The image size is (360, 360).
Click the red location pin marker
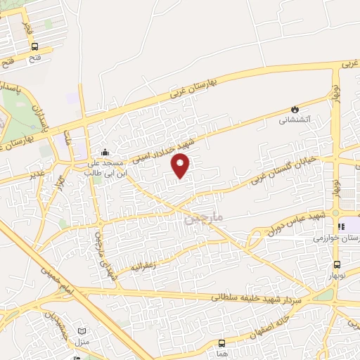(x=181, y=165)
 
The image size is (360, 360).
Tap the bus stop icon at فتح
(x=35, y=46)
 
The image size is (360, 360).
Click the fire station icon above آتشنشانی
(x=294, y=110)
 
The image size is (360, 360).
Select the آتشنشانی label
(x=294, y=120)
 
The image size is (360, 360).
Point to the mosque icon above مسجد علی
(x=105, y=152)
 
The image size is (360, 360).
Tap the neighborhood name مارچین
(x=203, y=219)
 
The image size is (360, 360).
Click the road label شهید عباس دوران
(x=289, y=221)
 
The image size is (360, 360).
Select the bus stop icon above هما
(x=222, y=343)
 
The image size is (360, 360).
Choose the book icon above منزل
(x=83, y=331)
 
